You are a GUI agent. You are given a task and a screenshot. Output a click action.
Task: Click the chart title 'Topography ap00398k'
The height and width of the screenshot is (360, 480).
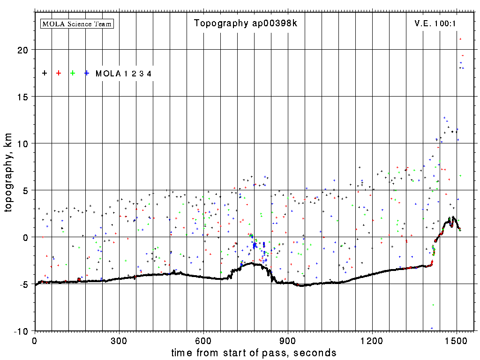(x=246, y=23)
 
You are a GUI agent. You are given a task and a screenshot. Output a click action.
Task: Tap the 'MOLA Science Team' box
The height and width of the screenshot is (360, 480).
(x=77, y=23)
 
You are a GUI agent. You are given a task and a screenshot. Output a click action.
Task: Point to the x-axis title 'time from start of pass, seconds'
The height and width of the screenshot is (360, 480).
(x=254, y=352)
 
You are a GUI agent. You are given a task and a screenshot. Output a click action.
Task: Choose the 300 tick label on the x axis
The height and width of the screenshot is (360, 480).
(x=119, y=340)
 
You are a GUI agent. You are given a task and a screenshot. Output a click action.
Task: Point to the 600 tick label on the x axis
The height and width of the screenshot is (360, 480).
(x=203, y=340)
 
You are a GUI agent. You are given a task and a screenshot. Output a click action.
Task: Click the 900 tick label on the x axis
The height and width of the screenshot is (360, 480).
(x=288, y=340)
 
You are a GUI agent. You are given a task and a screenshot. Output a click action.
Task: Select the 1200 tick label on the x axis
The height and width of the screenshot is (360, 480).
(x=372, y=340)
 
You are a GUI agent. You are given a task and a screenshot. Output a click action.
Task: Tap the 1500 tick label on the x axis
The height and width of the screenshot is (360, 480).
(x=457, y=340)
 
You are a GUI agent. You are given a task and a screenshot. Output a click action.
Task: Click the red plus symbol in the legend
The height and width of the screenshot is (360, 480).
(x=59, y=73)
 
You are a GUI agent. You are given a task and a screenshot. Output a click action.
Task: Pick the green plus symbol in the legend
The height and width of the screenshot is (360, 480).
(x=73, y=73)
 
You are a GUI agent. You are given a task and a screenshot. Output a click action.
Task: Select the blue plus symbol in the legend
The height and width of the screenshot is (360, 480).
(x=87, y=73)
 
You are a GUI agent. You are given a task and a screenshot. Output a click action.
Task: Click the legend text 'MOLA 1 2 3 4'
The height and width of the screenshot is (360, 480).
(x=123, y=74)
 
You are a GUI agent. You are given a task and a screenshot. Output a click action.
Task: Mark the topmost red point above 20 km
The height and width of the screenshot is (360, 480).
(x=460, y=39)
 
